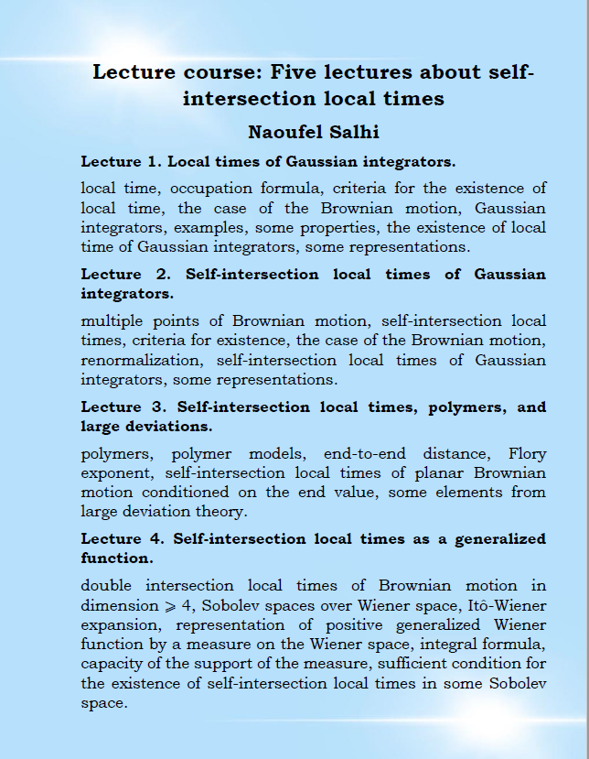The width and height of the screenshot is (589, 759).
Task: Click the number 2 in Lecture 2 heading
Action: pos(163,274)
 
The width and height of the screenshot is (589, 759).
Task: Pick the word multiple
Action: pos(112,321)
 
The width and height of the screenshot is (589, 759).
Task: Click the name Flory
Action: pos(527,453)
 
